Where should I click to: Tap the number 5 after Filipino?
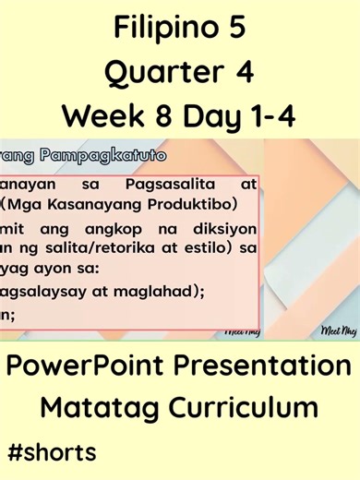pos(235,30)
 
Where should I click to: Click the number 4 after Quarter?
pos(245,72)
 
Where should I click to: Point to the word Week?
pos(99,115)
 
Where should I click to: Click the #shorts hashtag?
pos(51,453)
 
